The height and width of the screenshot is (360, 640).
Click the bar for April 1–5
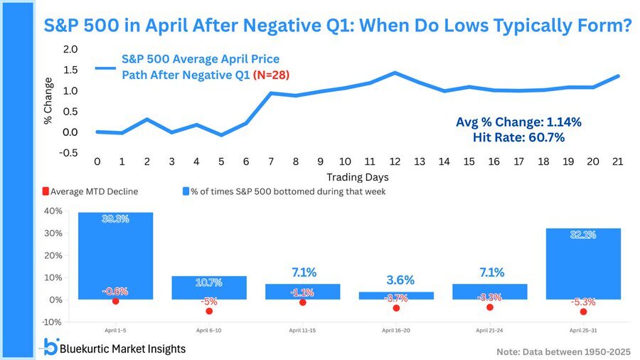tap(115, 256)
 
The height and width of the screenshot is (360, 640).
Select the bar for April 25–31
tap(583, 263)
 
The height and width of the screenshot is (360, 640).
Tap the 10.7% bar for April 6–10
tap(209, 287)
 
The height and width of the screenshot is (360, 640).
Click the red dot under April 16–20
tap(396, 308)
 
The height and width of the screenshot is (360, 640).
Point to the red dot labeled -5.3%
tap(583, 312)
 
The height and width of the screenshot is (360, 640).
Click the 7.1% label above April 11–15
tap(302, 272)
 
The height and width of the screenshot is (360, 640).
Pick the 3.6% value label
tap(396, 280)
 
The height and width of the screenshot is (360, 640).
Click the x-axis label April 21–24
tap(489, 331)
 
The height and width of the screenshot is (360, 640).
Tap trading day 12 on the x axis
tap(394, 162)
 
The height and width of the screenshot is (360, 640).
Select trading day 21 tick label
tap(617, 162)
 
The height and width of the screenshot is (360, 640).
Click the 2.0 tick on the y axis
tap(70, 49)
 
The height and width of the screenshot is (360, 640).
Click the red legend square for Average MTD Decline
tap(46, 191)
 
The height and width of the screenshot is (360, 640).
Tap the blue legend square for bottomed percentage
tap(186, 191)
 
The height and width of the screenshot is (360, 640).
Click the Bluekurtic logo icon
tap(50, 347)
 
